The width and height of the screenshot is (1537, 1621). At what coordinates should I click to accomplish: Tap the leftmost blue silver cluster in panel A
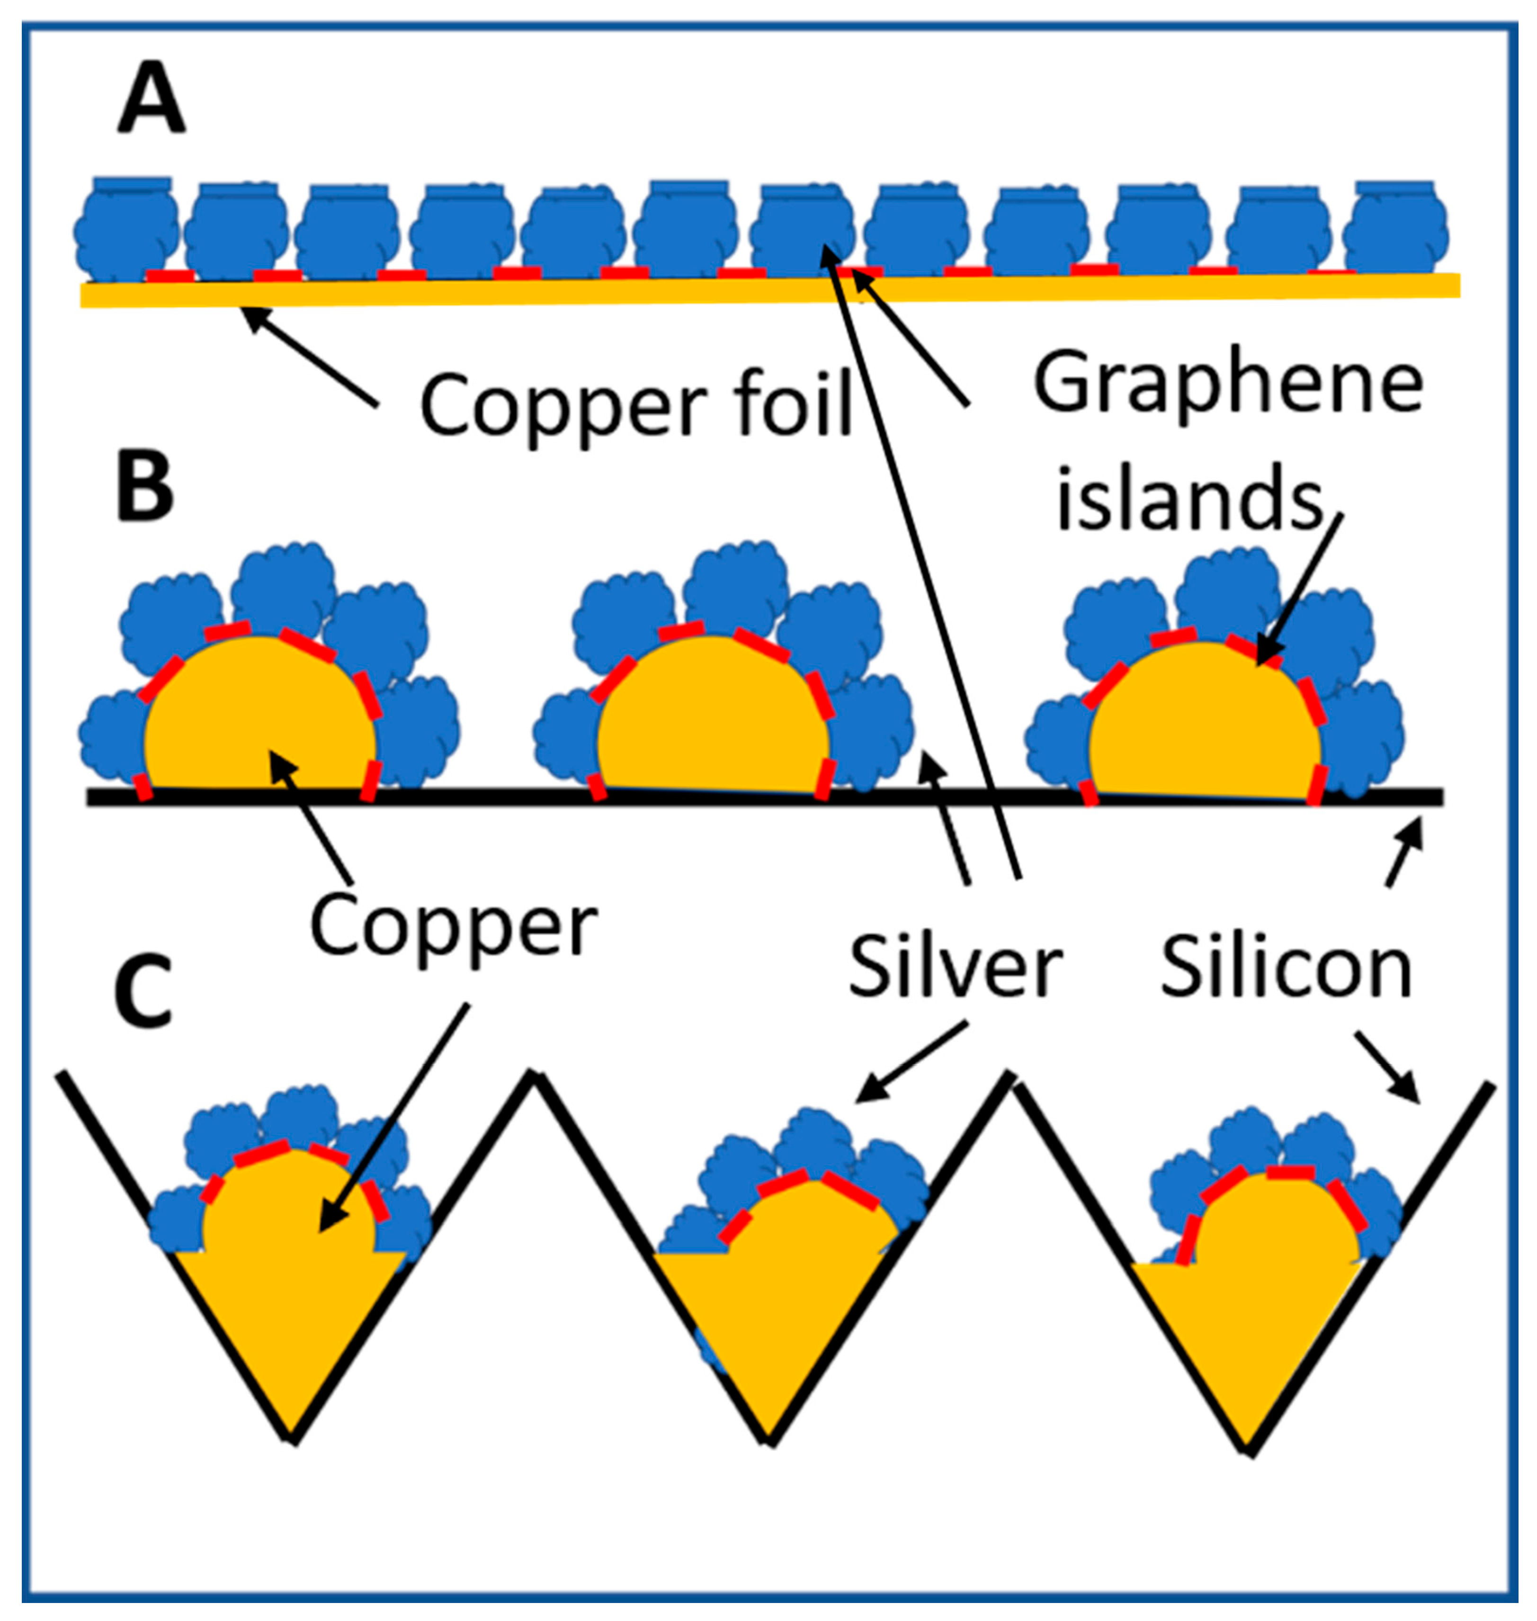pos(127,230)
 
